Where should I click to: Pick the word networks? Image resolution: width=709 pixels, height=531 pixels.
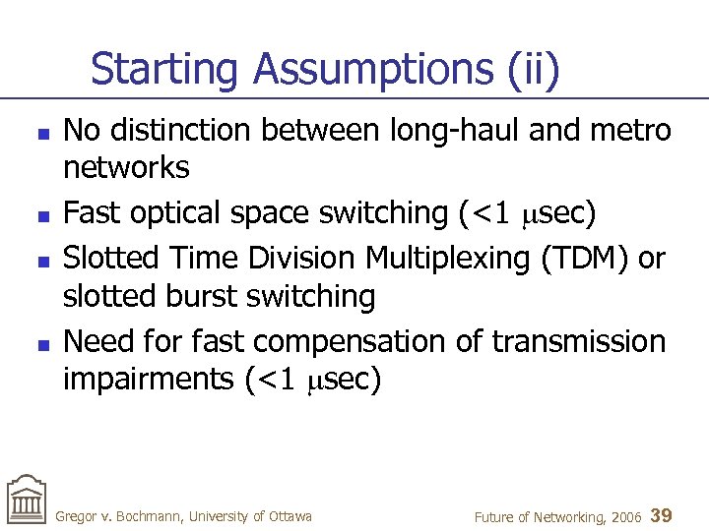point(126,169)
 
